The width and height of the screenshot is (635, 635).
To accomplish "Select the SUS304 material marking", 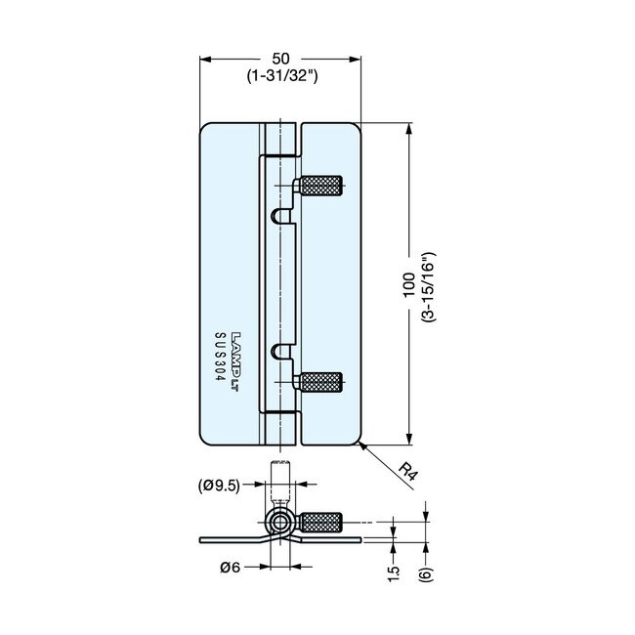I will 219,362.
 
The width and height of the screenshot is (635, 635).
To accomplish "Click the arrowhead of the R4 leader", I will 361,445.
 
